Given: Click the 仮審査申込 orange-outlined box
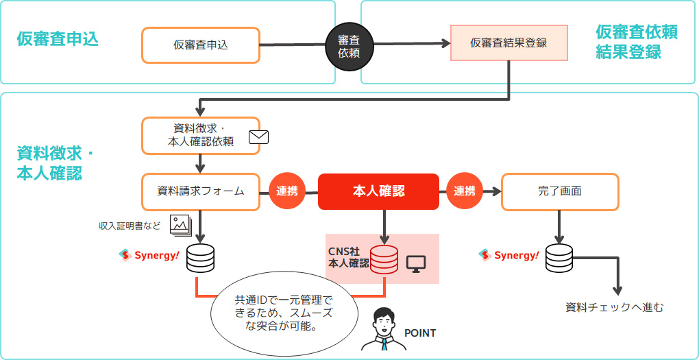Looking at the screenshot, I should click(x=200, y=45).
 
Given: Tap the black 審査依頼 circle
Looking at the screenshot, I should click(x=349, y=45).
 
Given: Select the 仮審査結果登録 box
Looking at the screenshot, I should click(x=508, y=43).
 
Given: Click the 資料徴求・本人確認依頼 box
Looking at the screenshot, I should click(x=200, y=135).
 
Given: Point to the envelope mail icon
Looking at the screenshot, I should click(x=258, y=136).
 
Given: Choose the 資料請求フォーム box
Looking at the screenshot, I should click(x=200, y=191).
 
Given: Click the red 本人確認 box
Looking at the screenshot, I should click(x=378, y=191).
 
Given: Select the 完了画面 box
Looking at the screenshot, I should click(x=560, y=191).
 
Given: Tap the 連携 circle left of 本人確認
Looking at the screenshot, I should click(x=287, y=191).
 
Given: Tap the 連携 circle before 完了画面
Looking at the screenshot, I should click(x=465, y=191).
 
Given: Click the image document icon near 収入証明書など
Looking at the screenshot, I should click(x=180, y=223).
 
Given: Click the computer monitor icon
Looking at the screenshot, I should click(x=416, y=263).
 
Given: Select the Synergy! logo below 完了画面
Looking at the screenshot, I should click(x=508, y=255).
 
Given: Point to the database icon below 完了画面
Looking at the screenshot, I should click(x=559, y=258).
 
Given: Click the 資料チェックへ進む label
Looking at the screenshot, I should click(x=614, y=307).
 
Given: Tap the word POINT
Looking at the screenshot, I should click(x=420, y=333).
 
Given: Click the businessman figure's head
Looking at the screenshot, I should click(x=383, y=320).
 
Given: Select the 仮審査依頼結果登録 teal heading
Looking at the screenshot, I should click(x=636, y=42).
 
